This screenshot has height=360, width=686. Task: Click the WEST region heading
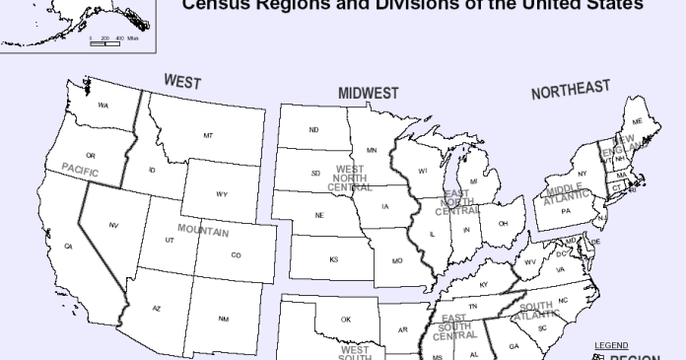tap(183, 81)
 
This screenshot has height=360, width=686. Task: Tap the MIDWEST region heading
tap(369, 93)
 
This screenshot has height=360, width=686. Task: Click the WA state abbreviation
tap(103, 106)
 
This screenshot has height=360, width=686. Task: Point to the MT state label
tap(208, 135)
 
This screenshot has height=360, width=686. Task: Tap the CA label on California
tap(68, 246)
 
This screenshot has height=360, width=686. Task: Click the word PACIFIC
tap(82, 169)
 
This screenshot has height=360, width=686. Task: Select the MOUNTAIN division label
tap(202, 232)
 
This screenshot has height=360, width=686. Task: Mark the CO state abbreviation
tap(236, 255)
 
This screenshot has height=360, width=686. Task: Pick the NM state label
tap(224, 319)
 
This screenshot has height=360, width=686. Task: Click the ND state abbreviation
tap(313, 130)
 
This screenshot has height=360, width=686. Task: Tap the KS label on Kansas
tap(334, 259)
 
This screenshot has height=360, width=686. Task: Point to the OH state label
tap(503, 224)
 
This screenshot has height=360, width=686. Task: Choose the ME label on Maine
tap(637, 121)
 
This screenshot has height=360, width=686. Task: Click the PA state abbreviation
tap(566, 210)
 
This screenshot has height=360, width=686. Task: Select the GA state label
tap(514, 346)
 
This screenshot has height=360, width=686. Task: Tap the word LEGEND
tap(611, 345)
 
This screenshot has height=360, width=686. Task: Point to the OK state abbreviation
tap(346, 320)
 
